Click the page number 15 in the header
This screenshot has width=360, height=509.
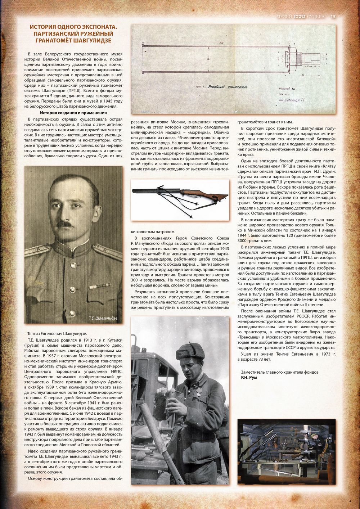[333, 17]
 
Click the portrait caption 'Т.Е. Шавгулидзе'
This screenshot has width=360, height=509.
[103, 318]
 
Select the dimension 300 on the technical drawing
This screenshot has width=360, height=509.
[221, 42]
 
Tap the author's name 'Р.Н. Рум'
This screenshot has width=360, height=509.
[249, 377]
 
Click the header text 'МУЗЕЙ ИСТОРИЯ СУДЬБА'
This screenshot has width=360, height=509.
[300, 17]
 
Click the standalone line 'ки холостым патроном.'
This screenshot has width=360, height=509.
[153, 231]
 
